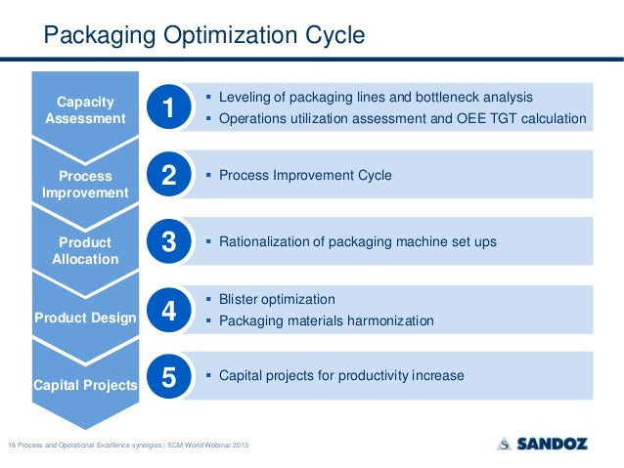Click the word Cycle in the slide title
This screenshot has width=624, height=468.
click(332, 37)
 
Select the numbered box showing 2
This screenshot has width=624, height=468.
click(168, 176)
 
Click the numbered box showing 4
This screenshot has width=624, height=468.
click(168, 311)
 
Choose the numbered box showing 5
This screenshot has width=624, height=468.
click(168, 377)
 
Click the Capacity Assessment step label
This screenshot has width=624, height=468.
click(85, 109)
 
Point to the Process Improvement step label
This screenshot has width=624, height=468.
click(85, 185)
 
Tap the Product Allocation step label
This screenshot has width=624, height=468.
click(85, 251)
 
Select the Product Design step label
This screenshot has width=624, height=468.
click(85, 318)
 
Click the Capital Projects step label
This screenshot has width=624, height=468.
click(85, 385)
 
